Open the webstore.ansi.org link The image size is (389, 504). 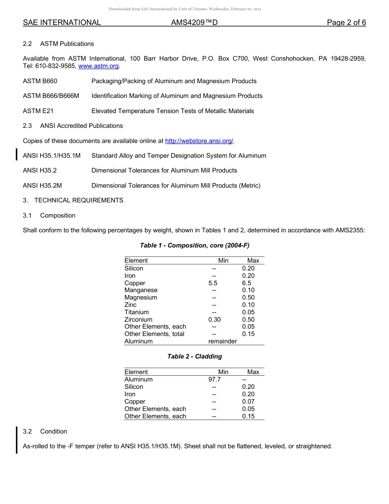pyautogui.click(x=199, y=141)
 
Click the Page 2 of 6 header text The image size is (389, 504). pyautogui.click(x=346, y=23)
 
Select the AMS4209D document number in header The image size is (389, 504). pyautogui.click(x=194, y=23)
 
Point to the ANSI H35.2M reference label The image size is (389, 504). pyautogui.click(x=42, y=186)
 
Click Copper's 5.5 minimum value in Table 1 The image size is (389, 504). pyautogui.click(x=213, y=283)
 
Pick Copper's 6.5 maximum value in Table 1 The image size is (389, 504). pyautogui.click(x=247, y=283)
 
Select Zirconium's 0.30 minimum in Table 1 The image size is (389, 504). pyautogui.click(x=215, y=320)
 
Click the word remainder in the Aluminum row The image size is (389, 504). pyautogui.click(x=222, y=341)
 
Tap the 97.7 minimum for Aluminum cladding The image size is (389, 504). pyautogui.click(x=215, y=379)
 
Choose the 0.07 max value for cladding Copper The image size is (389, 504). pyautogui.click(x=248, y=402)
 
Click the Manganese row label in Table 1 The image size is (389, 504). pyautogui.click(x=141, y=290)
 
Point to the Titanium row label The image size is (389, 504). pyautogui.click(x=137, y=312)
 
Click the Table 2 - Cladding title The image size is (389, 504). pyautogui.click(x=194, y=356)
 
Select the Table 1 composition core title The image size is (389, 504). pyautogui.click(x=194, y=245)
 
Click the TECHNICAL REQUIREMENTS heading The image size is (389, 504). pyautogui.click(x=79, y=200)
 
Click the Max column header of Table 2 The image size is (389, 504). pyautogui.click(x=253, y=372)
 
